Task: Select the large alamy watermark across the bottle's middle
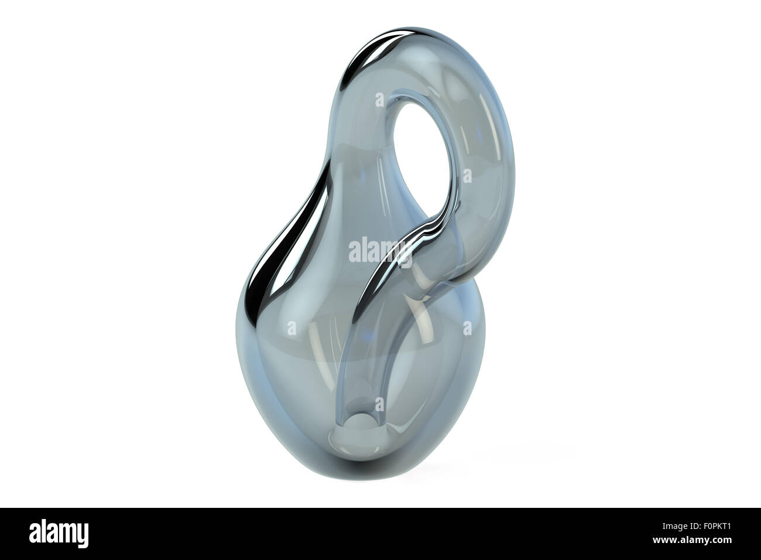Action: (380, 251)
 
